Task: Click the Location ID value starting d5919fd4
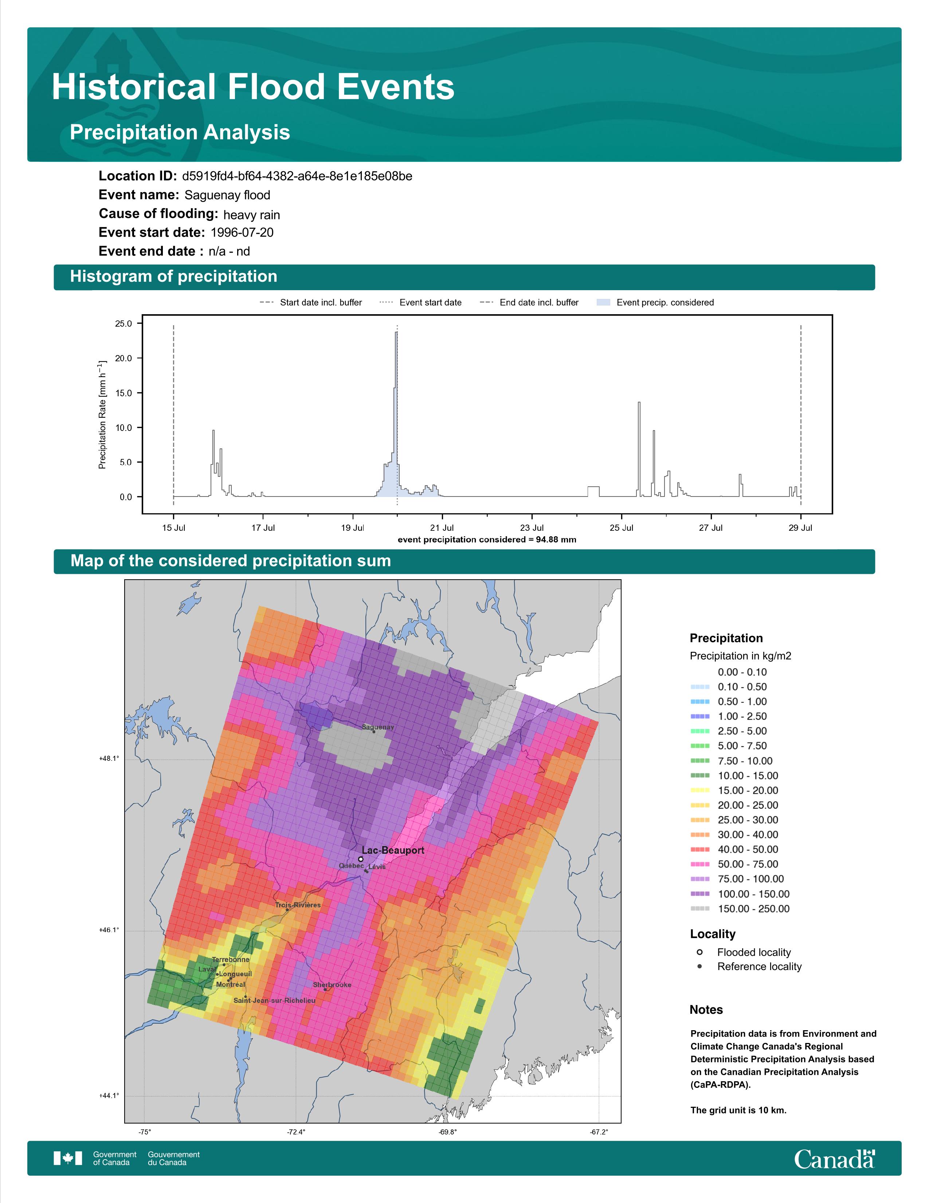[x=297, y=176]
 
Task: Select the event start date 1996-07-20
[x=242, y=233]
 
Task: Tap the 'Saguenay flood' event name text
[x=227, y=195]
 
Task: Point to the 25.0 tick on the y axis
[x=123, y=324]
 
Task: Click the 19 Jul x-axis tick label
[x=352, y=528]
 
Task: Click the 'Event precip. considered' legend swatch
[x=604, y=303]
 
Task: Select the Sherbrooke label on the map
[x=332, y=985]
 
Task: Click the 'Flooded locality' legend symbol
[x=699, y=952]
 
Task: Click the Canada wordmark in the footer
[x=834, y=1160]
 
